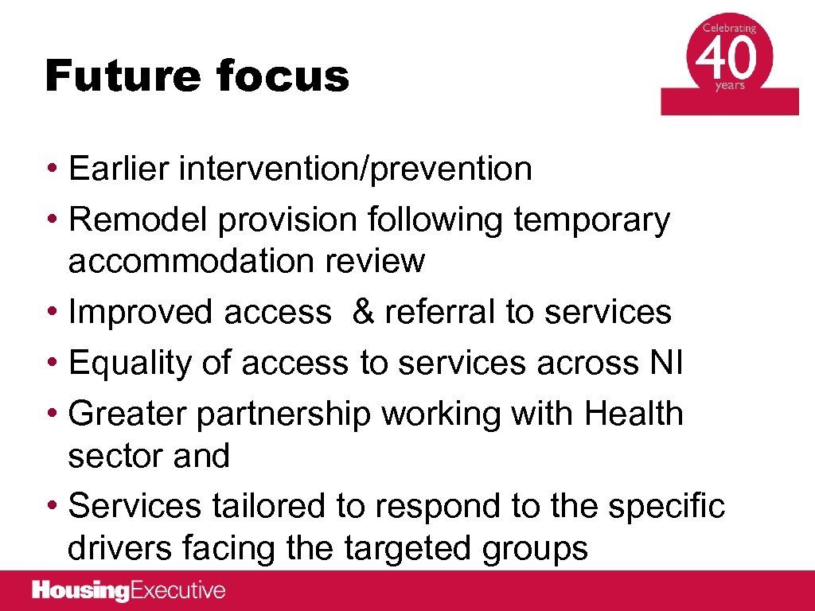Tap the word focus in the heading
tap(282, 77)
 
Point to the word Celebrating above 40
tap(729, 29)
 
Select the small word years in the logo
tap(729, 87)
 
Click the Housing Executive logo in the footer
tap(129, 591)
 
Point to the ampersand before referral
tap(362, 312)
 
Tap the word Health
tap(634, 414)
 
